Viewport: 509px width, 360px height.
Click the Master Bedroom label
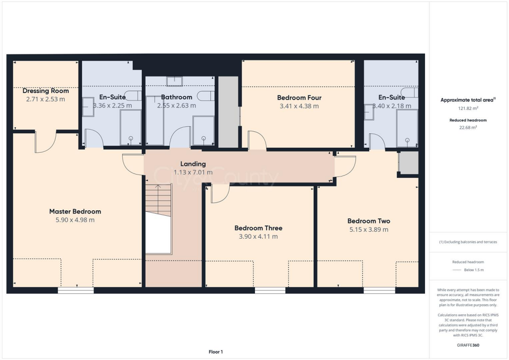tap(75, 211)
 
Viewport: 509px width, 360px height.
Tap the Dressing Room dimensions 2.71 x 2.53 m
tap(45, 99)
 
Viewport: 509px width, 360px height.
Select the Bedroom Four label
tap(298, 97)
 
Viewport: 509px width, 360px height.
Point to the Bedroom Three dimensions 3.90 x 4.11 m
tap(258, 237)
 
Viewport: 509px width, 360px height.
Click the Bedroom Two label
tap(368, 221)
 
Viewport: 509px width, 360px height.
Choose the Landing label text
tap(193, 164)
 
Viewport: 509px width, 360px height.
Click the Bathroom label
tap(176, 97)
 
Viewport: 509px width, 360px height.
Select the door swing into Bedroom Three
tap(219, 193)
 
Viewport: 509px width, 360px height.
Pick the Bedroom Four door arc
tap(257, 140)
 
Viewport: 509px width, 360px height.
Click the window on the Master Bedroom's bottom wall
tap(76, 290)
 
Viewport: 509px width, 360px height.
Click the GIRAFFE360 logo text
tap(468, 345)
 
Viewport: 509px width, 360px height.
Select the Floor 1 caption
tap(215, 352)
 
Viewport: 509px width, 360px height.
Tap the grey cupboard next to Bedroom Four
tap(229, 112)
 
